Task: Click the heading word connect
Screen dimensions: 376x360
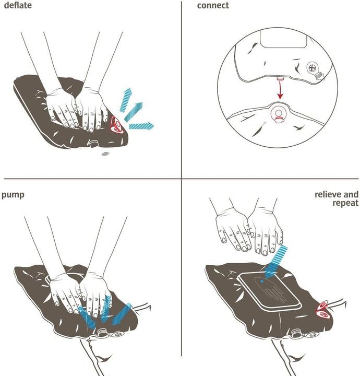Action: [x=213, y=6]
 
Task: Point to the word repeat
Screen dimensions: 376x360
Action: [x=345, y=203]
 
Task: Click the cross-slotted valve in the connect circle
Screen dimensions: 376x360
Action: [x=312, y=67]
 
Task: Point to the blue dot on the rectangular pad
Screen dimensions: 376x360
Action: [x=261, y=280]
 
